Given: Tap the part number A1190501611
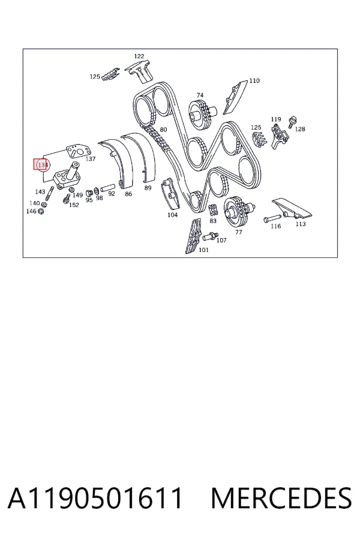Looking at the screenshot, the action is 95,498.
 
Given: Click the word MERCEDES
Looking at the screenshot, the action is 281,498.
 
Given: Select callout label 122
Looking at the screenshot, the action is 139,56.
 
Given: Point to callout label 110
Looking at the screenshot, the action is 254,80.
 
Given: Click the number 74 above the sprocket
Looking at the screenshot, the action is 200,95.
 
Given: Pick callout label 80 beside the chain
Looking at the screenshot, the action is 163,130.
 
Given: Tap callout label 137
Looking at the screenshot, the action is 90,159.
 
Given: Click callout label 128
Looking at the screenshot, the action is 300,129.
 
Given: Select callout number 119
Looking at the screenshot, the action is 275,119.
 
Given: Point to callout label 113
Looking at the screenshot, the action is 301,224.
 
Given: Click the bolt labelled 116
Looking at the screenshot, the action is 272,218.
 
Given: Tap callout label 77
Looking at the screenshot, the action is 239,232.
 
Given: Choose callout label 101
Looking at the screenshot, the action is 203,250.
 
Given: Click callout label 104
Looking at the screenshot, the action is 172,215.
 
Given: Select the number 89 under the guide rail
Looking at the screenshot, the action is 148,188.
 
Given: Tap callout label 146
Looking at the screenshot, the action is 31,211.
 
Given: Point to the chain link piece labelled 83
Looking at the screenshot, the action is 213,209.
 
